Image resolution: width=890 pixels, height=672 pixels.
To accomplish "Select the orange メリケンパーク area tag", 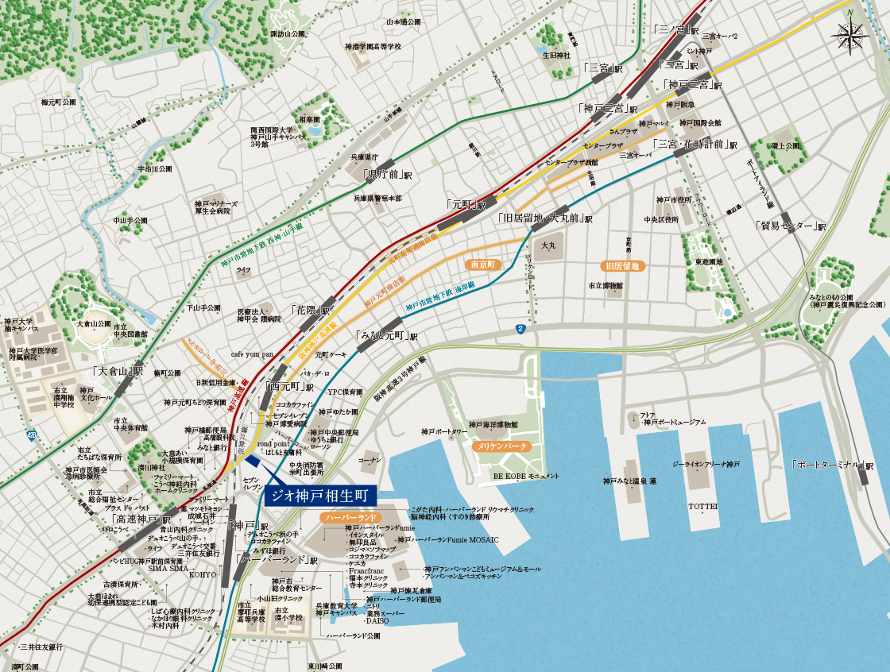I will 500,447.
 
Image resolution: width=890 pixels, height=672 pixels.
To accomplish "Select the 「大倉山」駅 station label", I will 118,371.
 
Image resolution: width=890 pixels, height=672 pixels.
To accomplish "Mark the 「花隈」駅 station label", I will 310,310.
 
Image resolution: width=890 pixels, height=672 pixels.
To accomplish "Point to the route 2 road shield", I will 520,329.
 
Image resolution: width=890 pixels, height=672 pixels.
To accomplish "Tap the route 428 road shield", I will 31,434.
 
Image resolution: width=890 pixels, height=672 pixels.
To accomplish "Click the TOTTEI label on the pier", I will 702,506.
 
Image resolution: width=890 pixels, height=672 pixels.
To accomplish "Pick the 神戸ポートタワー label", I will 446,432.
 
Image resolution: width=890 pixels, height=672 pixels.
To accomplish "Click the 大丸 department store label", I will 548,246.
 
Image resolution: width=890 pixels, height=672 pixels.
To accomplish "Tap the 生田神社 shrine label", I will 556,56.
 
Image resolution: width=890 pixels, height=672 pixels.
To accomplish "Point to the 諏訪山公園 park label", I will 288,34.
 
